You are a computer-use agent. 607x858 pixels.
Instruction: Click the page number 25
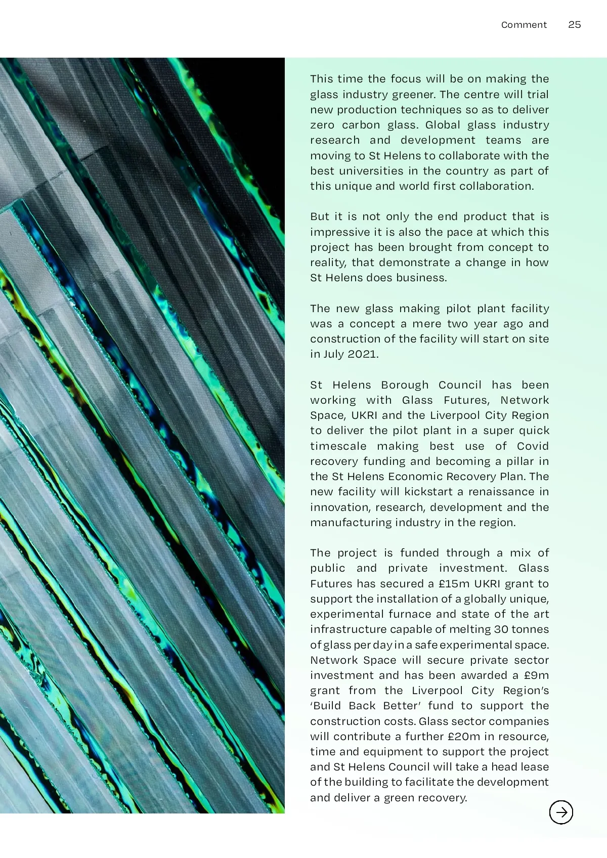(x=574, y=25)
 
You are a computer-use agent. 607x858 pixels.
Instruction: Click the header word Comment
(x=524, y=25)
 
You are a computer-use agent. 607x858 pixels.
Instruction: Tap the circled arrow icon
(x=561, y=812)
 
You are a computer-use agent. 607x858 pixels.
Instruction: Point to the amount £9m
(x=536, y=675)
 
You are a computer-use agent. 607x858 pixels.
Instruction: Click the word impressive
(x=334, y=232)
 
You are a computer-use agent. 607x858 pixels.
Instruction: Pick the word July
(x=333, y=354)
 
